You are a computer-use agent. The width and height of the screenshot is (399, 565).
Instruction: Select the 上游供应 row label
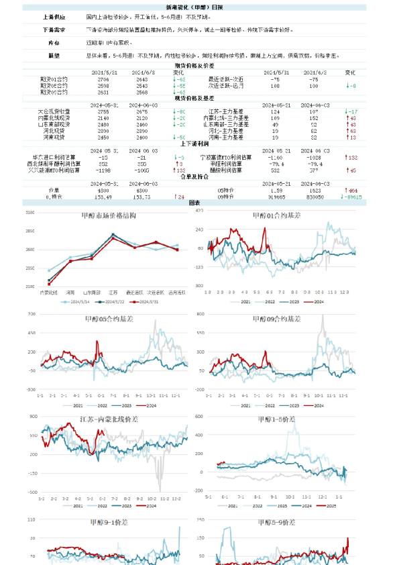54,15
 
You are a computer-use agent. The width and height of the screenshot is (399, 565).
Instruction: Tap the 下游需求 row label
54,30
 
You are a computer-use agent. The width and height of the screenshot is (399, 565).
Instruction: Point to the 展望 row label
54,56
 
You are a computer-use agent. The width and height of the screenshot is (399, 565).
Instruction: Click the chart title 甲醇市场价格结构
111,215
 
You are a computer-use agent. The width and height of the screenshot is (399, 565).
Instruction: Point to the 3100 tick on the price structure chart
30,213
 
